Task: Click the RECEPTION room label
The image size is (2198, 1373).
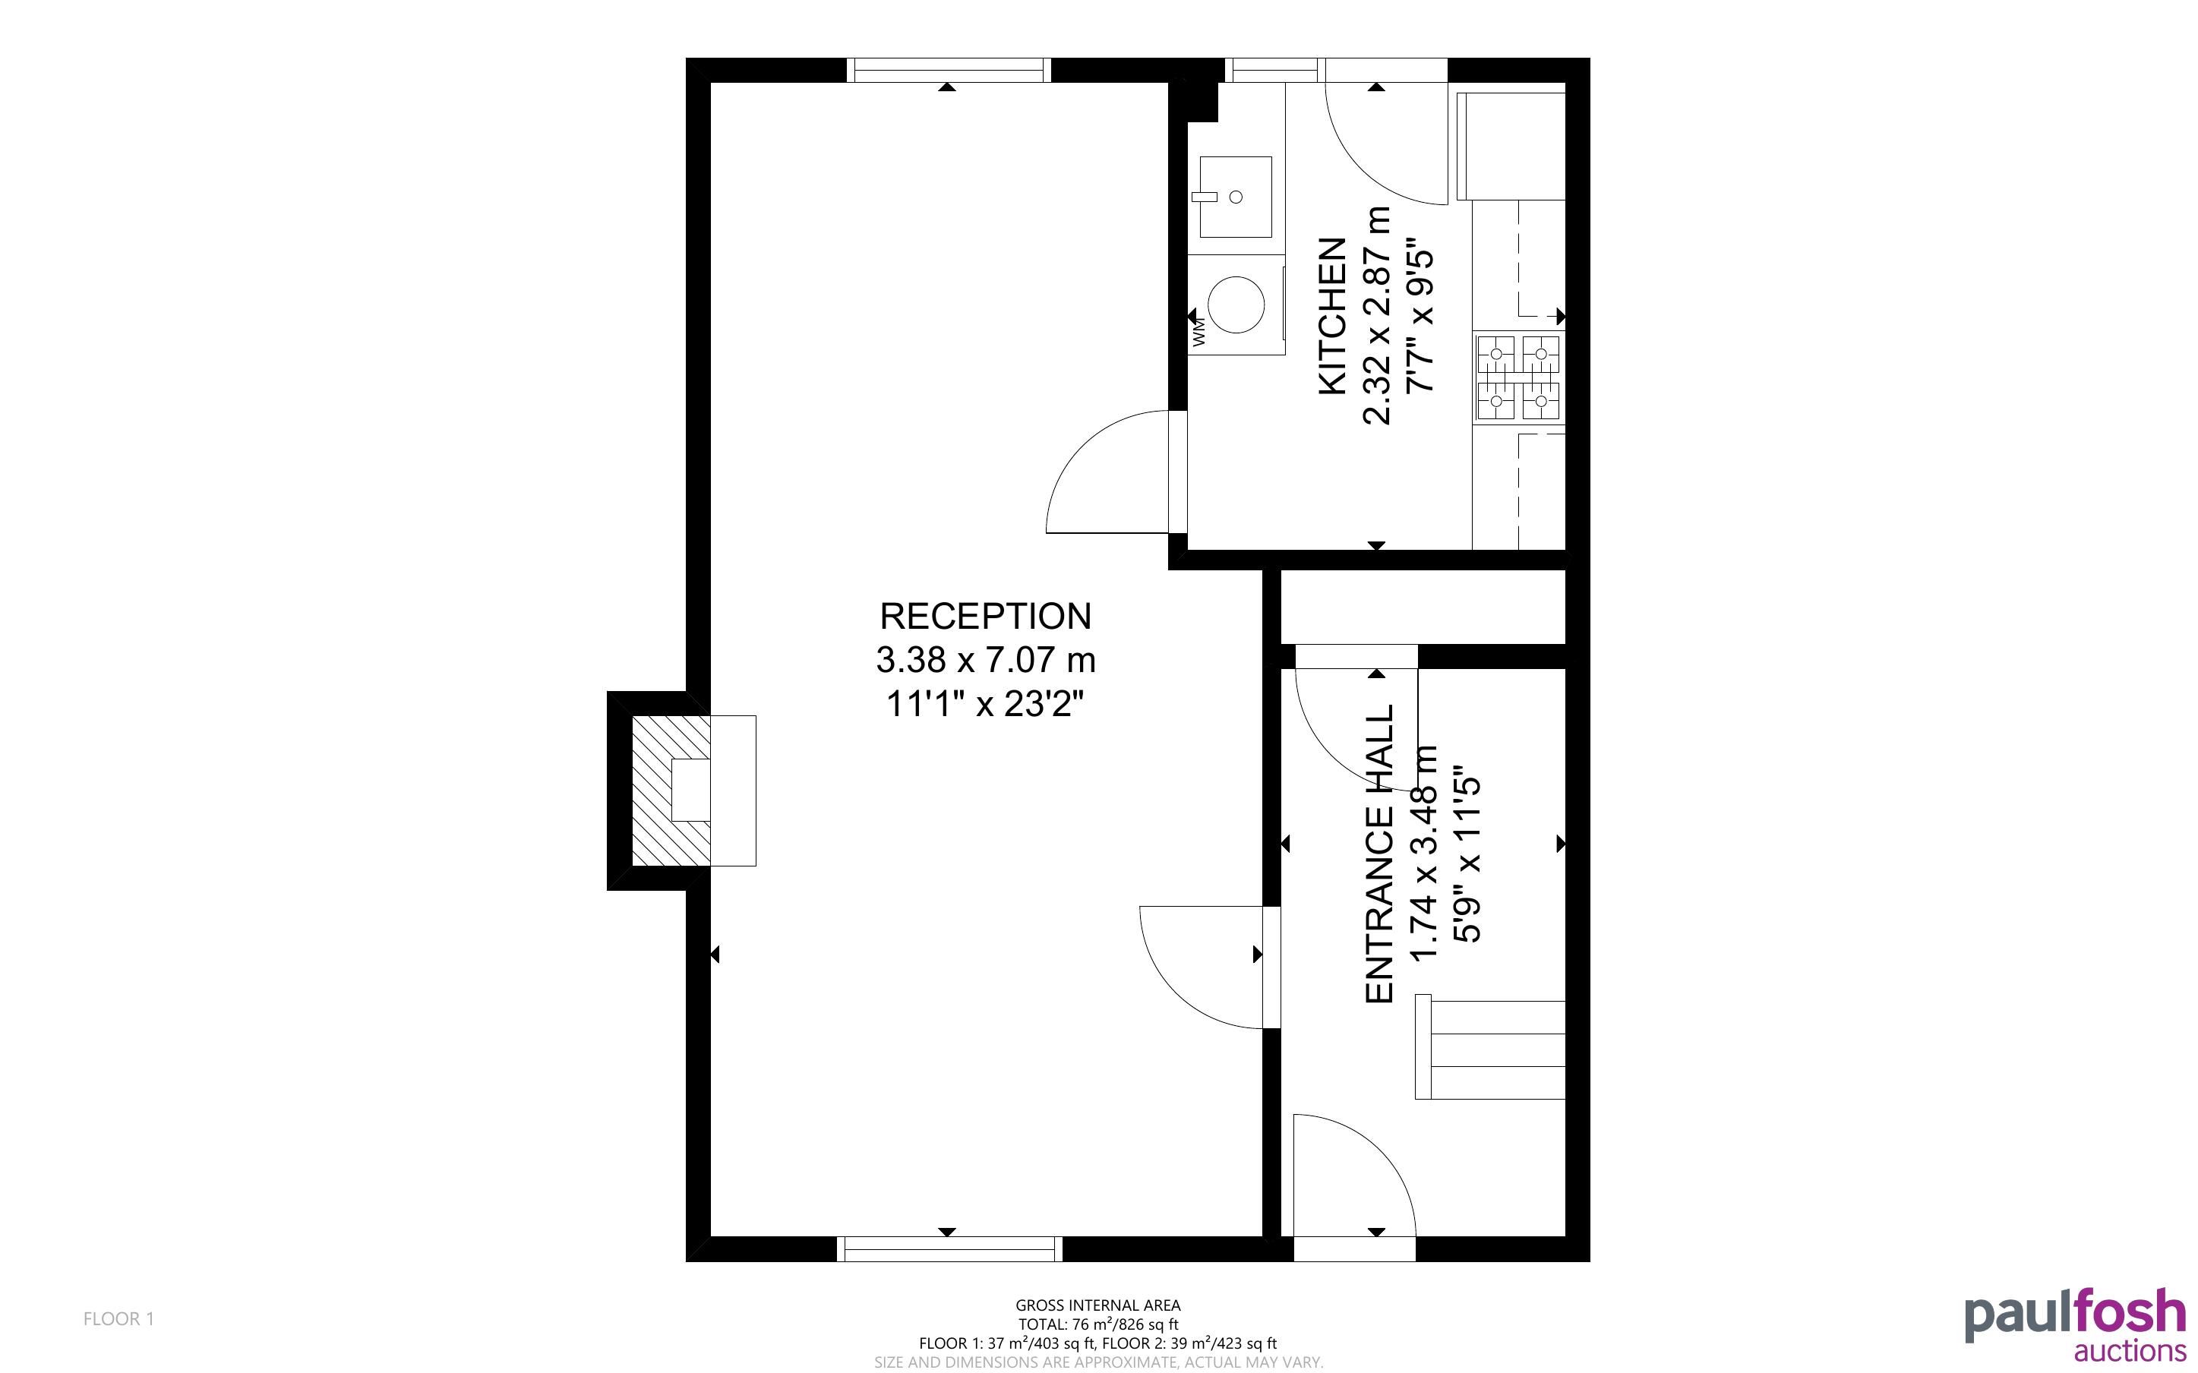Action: pyautogui.click(x=985, y=617)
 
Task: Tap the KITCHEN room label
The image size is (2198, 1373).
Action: pyautogui.click(x=1332, y=316)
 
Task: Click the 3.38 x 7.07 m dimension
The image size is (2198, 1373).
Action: pyautogui.click(x=985, y=660)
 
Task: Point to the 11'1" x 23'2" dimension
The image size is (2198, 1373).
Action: pyautogui.click(x=985, y=704)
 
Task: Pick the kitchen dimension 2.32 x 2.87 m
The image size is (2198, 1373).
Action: pyautogui.click(x=1376, y=316)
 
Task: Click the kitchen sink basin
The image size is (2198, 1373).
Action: pyautogui.click(x=1235, y=196)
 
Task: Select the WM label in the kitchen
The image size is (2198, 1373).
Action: pyautogui.click(x=1198, y=331)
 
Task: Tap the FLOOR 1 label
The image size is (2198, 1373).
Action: pyautogui.click(x=119, y=1318)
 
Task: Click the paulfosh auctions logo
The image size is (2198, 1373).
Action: pyautogui.click(x=2076, y=1324)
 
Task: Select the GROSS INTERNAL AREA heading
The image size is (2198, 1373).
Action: pyautogui.click(x=1098, y=1306)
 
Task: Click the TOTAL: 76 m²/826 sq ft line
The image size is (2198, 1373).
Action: pyautogui.click(x=1098, y=1324)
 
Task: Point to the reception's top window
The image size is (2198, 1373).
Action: pyautogui.click(x=949, y=70)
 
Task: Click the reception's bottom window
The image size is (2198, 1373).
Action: pyautogui.click(x=949, y=1249)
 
